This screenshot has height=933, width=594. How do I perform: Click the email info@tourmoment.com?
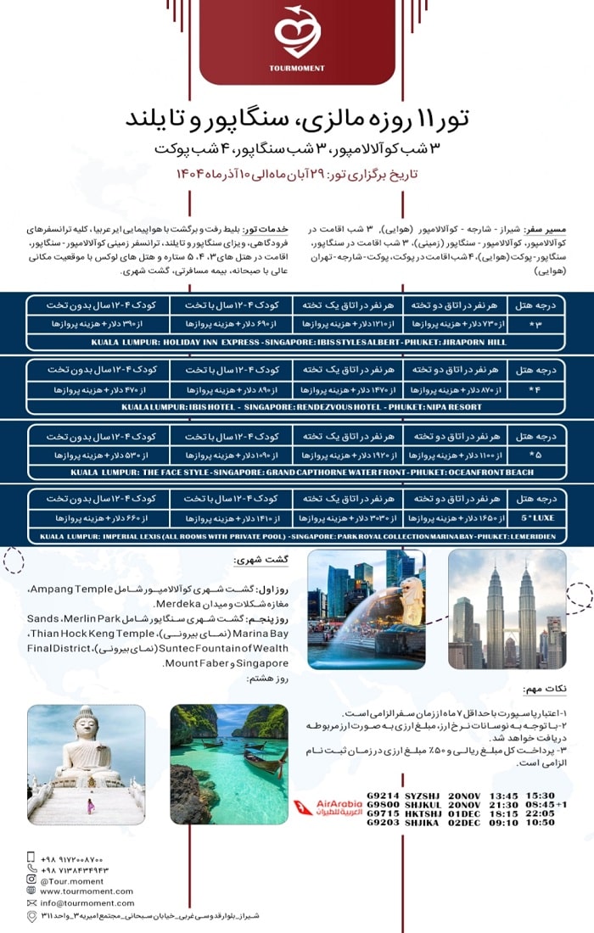pyautogui.click(x=81, y=902)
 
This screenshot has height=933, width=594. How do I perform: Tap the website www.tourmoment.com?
pyautogui.click(x=86, y=891)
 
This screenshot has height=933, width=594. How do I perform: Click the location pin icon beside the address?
pyautogui.click(x=31, y=915)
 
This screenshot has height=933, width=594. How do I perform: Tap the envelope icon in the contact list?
pyautogui.click(x=31, y=902)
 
